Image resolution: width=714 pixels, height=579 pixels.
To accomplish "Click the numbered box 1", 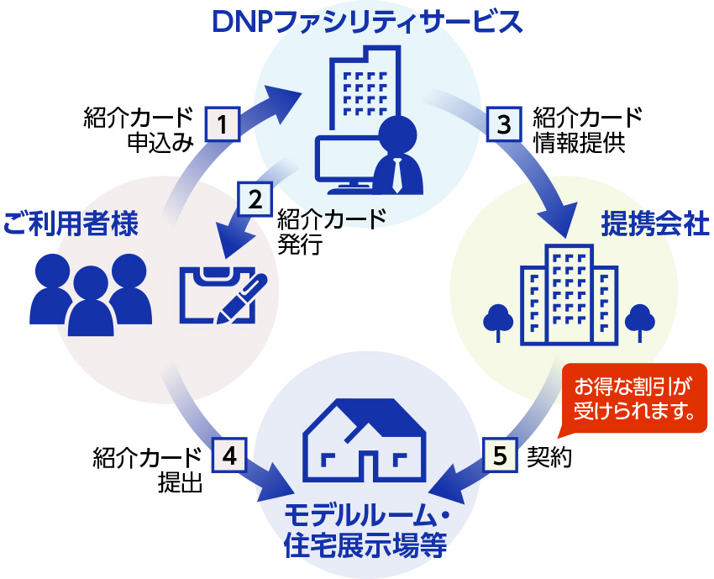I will [x=223, y=124].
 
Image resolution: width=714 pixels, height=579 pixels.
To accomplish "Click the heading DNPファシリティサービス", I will [x=366, y=20].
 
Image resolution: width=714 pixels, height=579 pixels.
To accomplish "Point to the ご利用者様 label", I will [x=70, y=223].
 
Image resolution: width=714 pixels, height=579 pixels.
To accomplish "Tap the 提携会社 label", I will [x=655, y=223].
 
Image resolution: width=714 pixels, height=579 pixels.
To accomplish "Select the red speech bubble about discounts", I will [x=633, y=399].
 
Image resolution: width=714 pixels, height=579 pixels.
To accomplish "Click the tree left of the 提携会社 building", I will [x=500, y=320].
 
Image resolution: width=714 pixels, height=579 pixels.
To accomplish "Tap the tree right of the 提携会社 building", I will [x=639, y=320].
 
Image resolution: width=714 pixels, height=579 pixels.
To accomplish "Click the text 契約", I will [x=549, y=456].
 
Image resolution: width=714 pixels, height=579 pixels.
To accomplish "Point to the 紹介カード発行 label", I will [x=330, y=231].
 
